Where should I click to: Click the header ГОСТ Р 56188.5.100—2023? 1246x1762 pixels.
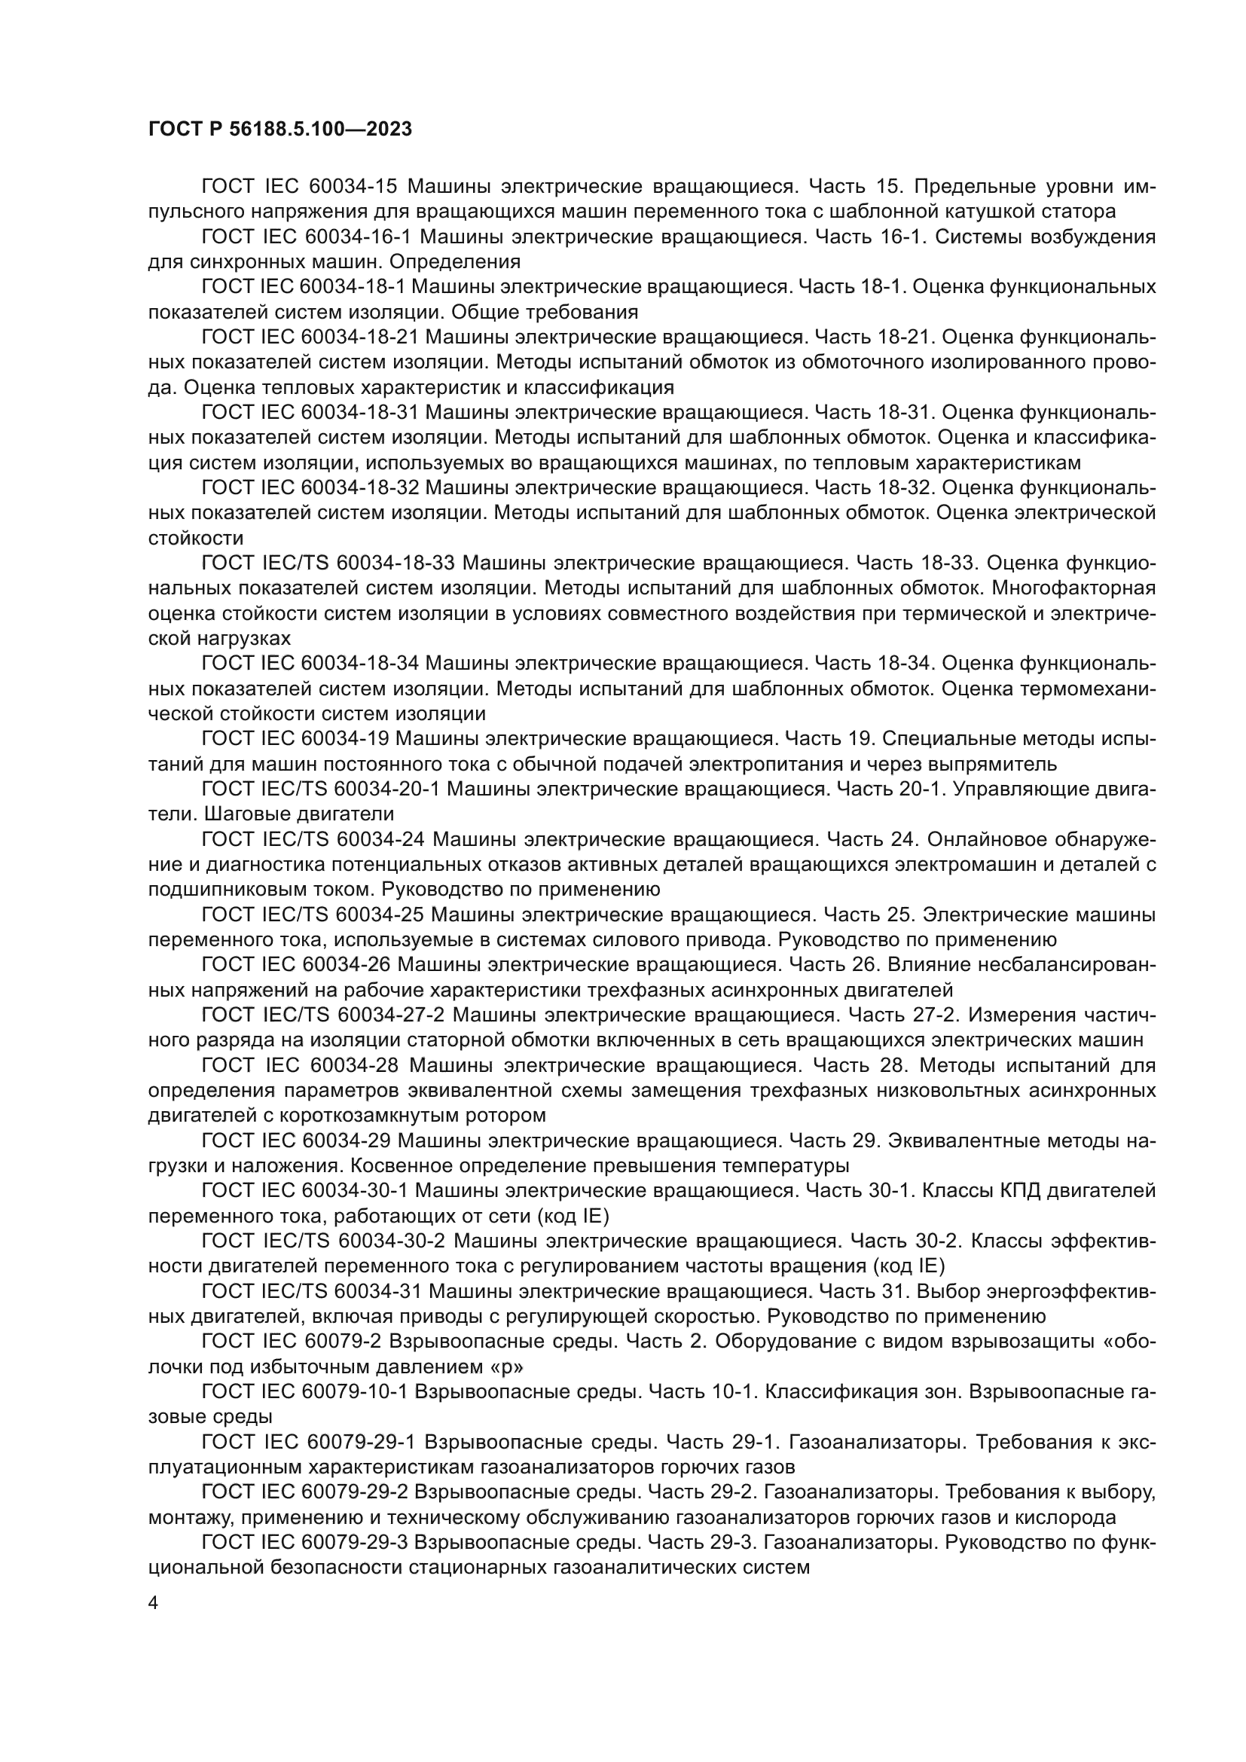pyautogui.click(x=279, y=129)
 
